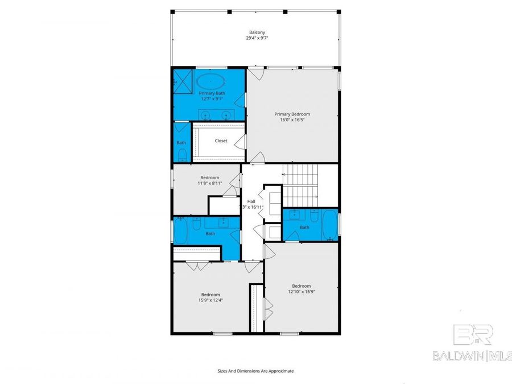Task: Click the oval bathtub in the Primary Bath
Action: coord(212,80)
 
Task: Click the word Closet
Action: coord(221,141)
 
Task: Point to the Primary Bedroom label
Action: coord(292,114)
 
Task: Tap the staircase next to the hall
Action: coord(302,184)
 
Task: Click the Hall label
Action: coord(251,201)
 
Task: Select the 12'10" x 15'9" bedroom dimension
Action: coord(301,292)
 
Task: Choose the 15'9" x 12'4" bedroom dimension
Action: coord(210,300)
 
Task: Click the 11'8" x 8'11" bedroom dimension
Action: coord(209,183)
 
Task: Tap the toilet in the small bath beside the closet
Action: coord(181,155)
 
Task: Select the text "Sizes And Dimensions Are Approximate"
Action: coord(255,371)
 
